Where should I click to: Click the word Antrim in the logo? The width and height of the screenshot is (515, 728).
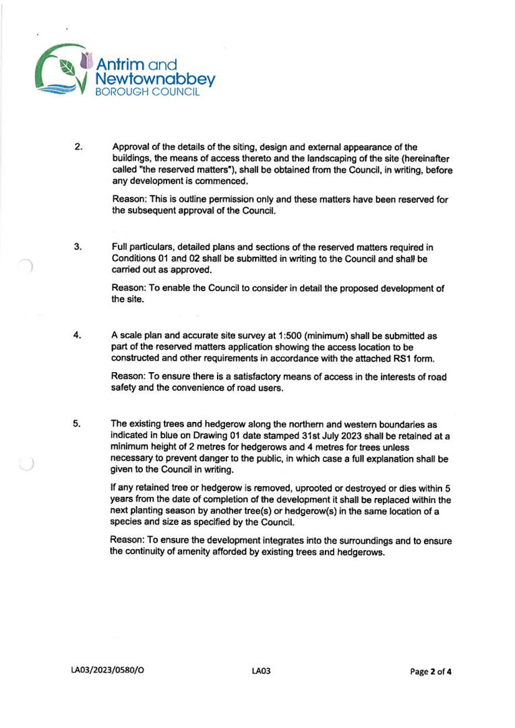point(120,65)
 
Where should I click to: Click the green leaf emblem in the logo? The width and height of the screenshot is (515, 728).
point(67,67)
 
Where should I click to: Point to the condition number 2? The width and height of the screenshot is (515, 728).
point(78,147)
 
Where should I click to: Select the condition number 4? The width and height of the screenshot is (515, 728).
point(78,335)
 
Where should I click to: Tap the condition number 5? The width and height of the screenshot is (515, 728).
point(78,423)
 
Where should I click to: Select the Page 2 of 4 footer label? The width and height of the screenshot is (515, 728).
point(431,671)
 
